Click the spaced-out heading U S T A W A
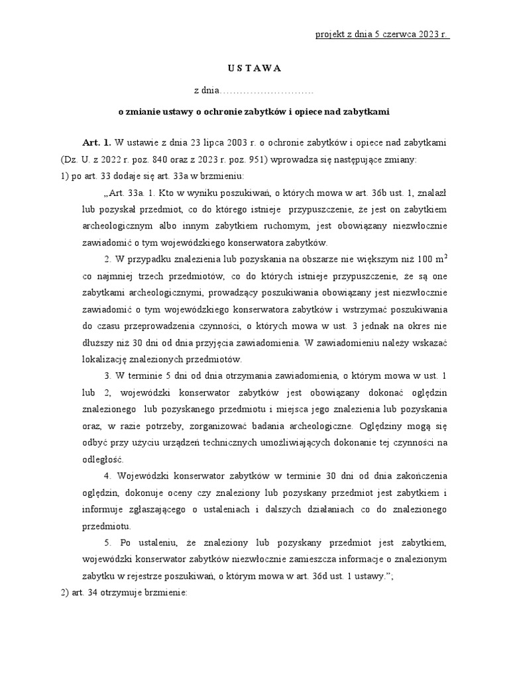(254, 68)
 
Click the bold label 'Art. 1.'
(97, 142)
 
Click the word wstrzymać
(376, 309)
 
